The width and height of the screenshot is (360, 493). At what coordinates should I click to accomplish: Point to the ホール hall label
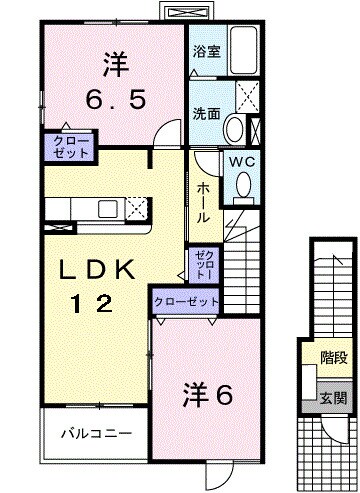click(x=204, y=201)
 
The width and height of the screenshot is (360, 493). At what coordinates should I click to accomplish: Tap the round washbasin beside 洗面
click(x=233, y=127)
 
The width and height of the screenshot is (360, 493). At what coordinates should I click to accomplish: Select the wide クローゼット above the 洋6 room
click(x=186, y=300)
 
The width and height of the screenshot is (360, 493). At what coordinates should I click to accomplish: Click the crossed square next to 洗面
click(x=247, y=97)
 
